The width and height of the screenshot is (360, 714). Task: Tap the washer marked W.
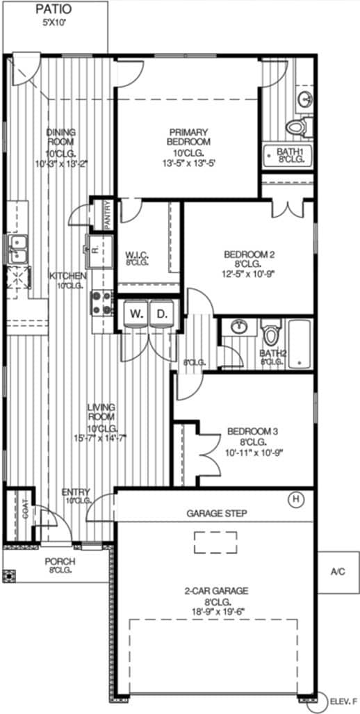point(136,313)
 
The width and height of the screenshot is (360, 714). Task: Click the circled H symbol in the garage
point(297,498)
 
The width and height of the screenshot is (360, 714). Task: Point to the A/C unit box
point(338,571)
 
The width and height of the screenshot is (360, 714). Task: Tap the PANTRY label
point(108,213)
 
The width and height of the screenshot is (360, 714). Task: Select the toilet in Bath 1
point(297,127)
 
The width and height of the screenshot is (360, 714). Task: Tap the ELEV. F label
point(343,702)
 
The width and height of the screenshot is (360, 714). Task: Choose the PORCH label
point(60,562)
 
